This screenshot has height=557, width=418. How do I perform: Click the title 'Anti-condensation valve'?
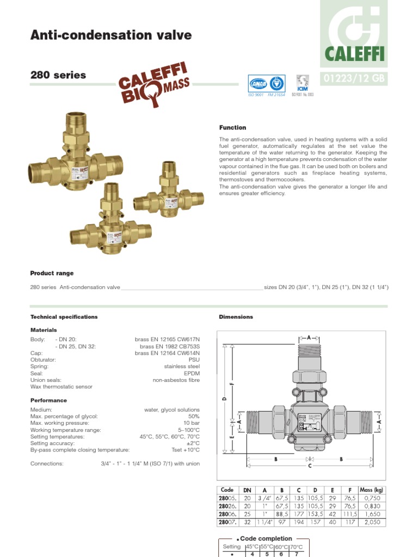(111, 35)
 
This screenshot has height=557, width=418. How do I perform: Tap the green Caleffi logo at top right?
(354, 33)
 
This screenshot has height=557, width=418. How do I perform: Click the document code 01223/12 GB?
(354, 78)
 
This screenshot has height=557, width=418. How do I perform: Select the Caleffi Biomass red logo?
(154, 84)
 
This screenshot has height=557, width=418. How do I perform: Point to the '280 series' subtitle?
(58, 75)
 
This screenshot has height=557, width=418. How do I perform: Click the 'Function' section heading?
(232, 128)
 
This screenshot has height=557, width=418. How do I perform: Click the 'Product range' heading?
(52, 273)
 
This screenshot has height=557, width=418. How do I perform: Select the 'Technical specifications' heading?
(64, 317)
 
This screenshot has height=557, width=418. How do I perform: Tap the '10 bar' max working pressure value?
(191, 423)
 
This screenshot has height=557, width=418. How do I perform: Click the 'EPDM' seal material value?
(192, 374)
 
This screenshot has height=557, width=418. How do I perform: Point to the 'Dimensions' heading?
(236, 317)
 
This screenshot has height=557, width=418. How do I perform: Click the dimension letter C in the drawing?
(310, 466)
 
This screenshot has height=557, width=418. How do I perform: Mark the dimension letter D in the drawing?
(224, 399)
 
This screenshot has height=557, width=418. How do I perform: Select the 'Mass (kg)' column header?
(372, 490)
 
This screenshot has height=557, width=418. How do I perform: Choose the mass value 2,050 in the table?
(372, 522)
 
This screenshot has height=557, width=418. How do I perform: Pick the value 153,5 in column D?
(315, 513)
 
